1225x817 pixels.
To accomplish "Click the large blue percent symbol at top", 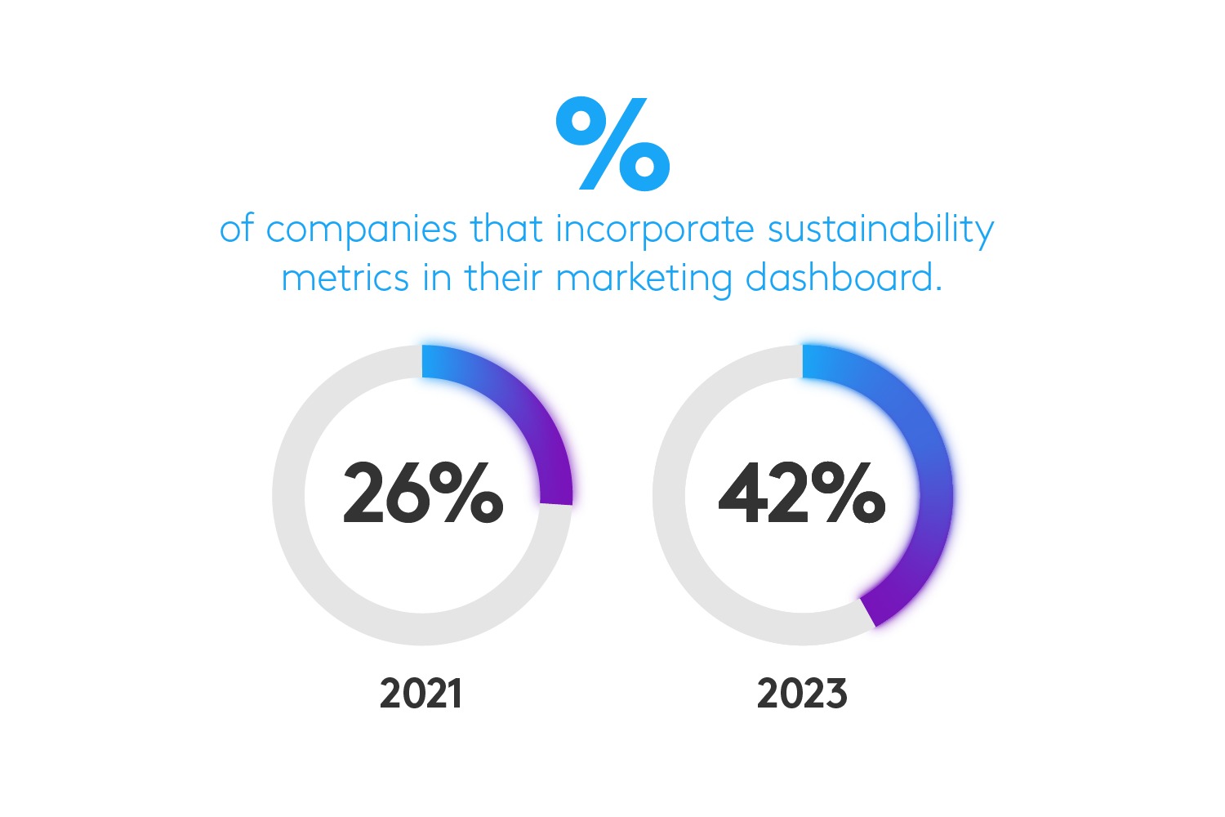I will [x=612, y=144].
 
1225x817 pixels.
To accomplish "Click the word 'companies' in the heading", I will [x=361, y=230].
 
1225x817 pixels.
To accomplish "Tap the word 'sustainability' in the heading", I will [x=880, y=230].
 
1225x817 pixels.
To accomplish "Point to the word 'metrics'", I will [x=345, y=278].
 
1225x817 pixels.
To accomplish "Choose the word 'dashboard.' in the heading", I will [x=844, y=278].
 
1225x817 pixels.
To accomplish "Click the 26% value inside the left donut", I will [x=422, y=493].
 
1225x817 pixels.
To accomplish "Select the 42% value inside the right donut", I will [x=802, y=493].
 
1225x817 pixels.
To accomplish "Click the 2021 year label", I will [x=421, y=694].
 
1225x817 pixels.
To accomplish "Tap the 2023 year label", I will [x=802, y=694].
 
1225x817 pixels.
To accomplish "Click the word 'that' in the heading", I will [x=506, y=229].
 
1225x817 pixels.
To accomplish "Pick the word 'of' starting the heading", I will [x=237, y=230].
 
